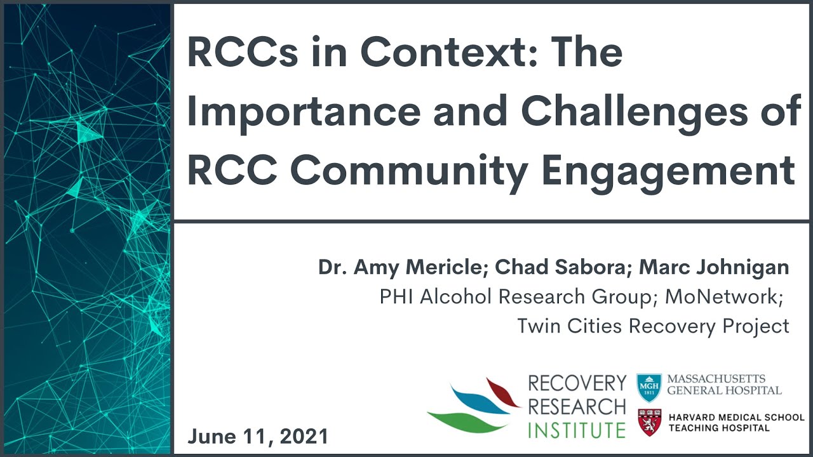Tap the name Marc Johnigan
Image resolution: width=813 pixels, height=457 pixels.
(x=714, y=267)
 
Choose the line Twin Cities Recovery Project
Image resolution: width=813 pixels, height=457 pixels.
(x=653, y=326)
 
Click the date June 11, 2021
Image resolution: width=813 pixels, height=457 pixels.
(x=258, y=436)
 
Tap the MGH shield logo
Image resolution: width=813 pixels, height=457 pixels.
(x=649, y=387)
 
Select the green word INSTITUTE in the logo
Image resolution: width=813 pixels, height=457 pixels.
(x=577, y=430)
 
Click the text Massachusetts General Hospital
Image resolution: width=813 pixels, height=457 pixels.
(x=724, y=384)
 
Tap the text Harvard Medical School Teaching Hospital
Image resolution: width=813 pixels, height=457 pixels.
(x=734, y=423)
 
